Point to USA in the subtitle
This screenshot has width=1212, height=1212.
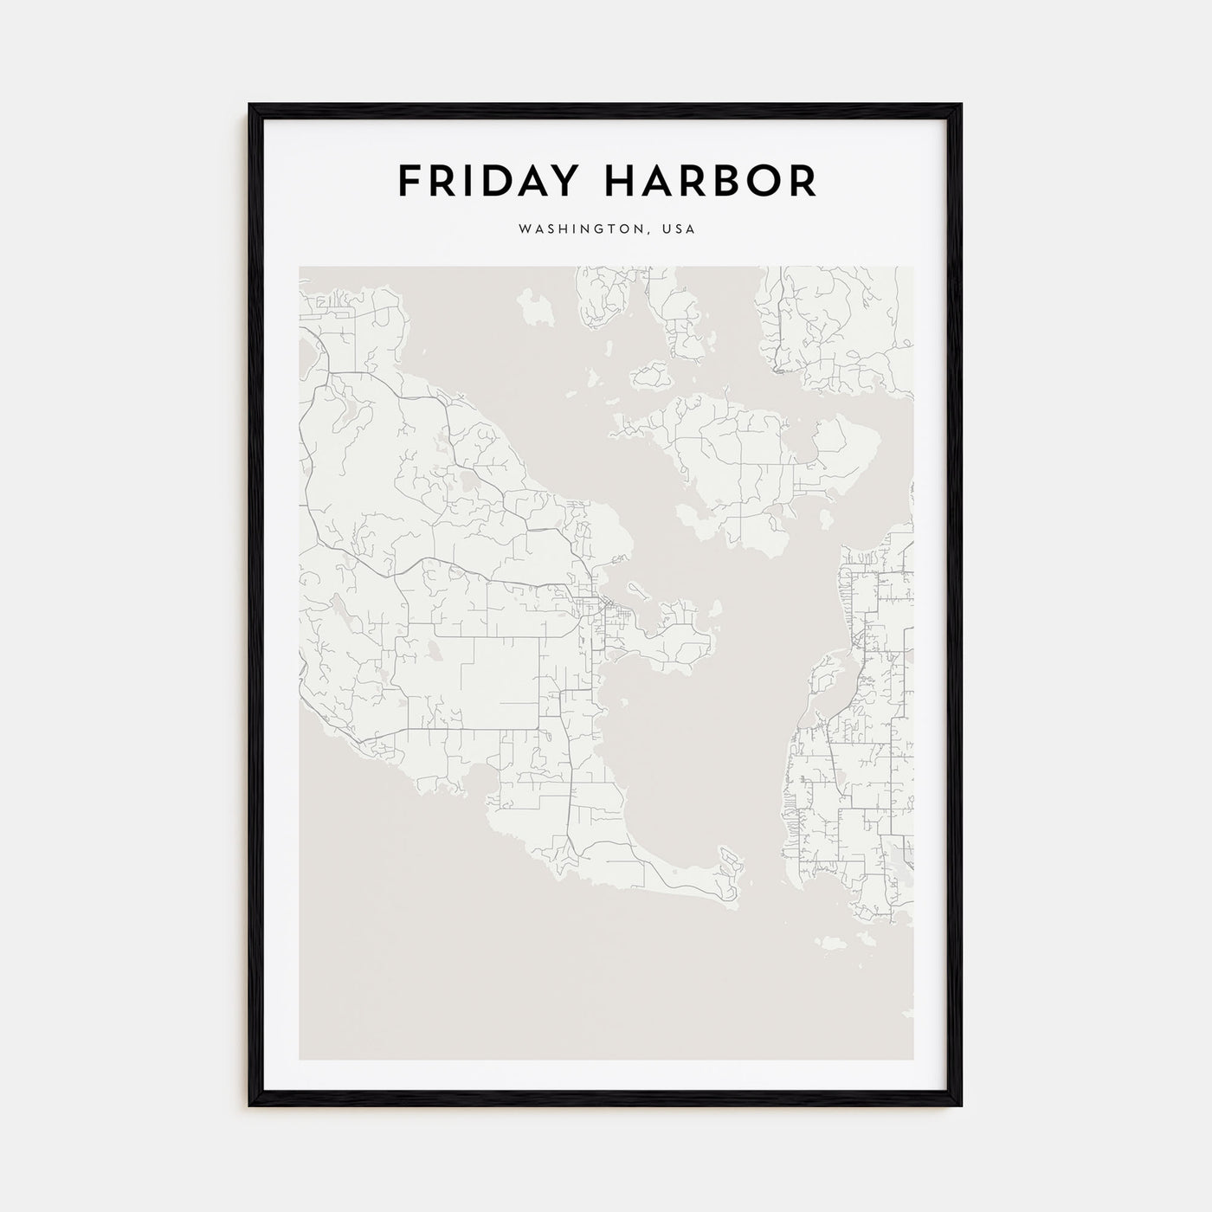pyautogui.click(x=678, y=230)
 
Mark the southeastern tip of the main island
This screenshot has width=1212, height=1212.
pyautogui.click(x=732, y=866)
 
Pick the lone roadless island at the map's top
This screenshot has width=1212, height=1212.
pyautogui.click(x=536, y=308)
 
